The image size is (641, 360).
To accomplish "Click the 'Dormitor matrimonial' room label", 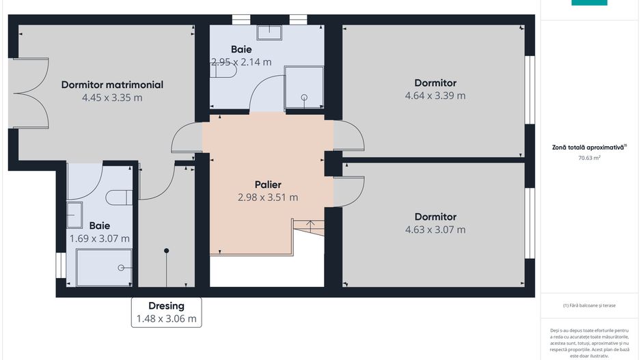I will tap(112, 85).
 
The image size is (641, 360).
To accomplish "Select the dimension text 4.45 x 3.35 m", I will tap(112, 98).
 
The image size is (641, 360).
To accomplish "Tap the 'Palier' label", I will tap(268, 184).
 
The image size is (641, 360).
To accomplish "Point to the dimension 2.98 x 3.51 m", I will tap(268, 197).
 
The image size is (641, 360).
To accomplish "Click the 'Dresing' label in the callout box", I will tap(166, 306).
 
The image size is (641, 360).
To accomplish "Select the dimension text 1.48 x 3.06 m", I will tap(166, 318).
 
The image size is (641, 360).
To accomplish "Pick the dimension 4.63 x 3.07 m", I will tap(435, 230).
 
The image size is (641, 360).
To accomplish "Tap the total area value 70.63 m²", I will tap(589, 158).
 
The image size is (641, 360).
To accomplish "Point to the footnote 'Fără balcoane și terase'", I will tap(589, 305).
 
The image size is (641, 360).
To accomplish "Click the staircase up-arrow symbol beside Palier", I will tap(310, 224).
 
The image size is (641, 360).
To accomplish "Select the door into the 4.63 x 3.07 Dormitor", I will tap(351, 193).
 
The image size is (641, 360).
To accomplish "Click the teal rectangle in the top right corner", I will tap(588, 3).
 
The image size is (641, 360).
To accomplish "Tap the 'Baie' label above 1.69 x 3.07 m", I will tap(99, 225).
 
